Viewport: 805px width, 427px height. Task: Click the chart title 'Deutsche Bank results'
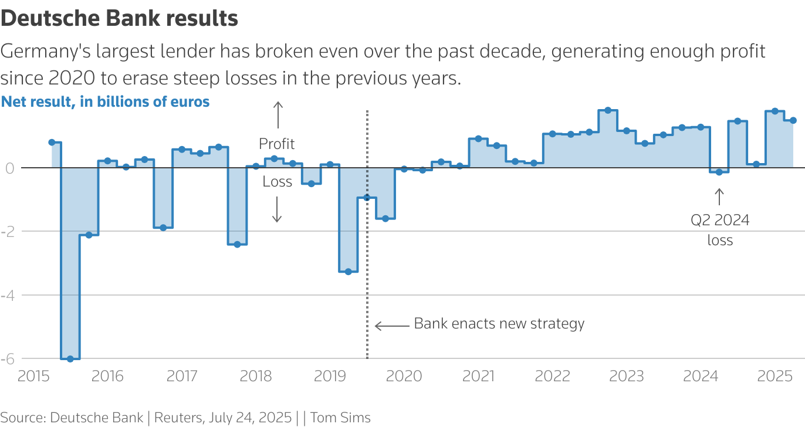point(119,19)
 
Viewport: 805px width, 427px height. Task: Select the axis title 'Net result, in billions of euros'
point(106,101)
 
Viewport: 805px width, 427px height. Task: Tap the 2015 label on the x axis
point(34,376)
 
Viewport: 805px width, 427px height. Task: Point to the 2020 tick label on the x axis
point(404,376)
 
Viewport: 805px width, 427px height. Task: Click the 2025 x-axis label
point(775,376)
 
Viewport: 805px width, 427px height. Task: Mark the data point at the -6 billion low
point(70,359)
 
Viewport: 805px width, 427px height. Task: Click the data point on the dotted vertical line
point(367,198)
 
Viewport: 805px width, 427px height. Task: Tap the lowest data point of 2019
point(349,272)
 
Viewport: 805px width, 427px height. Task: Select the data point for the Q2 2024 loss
point(719,172)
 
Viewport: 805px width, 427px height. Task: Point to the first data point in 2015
point(52,143)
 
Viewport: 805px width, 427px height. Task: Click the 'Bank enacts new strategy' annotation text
point(499,324)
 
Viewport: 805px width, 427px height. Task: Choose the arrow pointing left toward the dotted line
point(392,326)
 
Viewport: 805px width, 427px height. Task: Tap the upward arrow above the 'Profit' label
point(278,115)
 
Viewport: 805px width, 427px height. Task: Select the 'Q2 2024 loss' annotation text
point(720,230)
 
